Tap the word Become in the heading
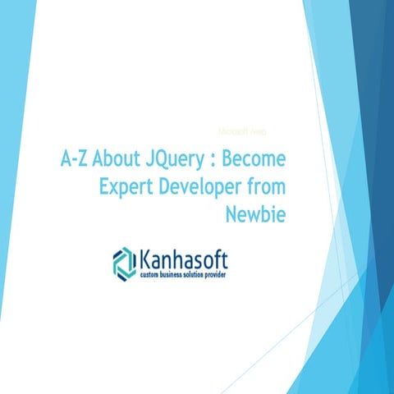(x=259, y=158)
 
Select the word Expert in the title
(x=126, y=186)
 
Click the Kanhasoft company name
(x=181, y=262)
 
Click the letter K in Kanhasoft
(x=144, y=262)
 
